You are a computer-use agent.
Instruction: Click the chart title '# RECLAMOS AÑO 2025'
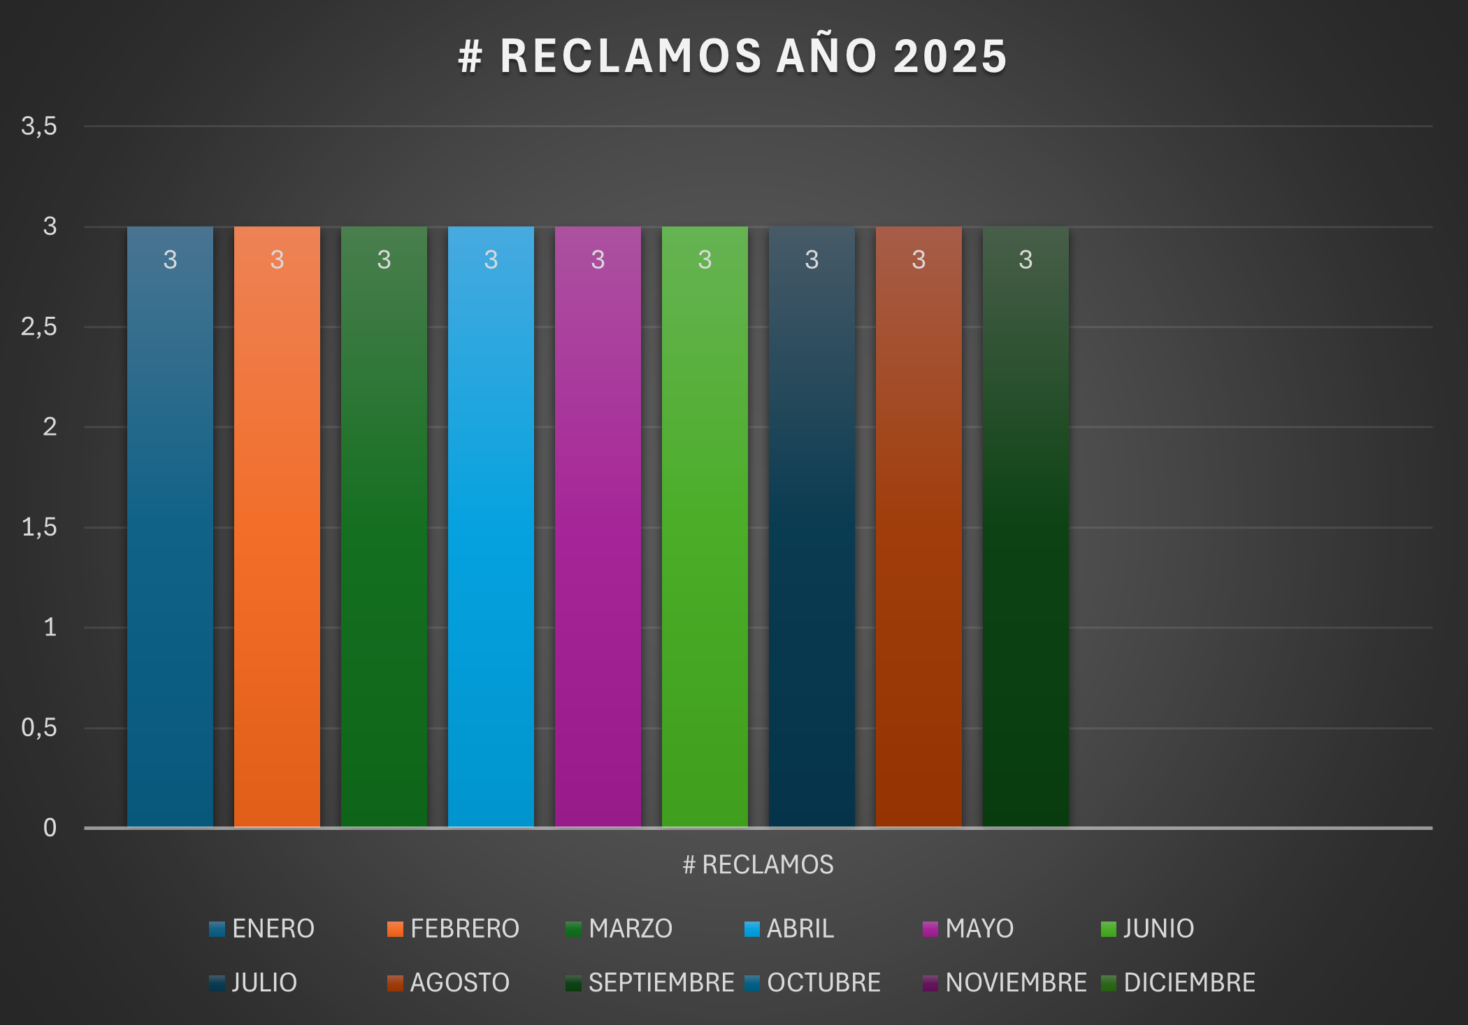(733, 56)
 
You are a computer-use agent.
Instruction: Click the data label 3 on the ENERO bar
(170, 259)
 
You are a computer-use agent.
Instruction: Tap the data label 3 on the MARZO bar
(384, 259)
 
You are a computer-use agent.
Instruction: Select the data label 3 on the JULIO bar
(812, 259)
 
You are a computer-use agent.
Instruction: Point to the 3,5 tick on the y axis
(39, 127)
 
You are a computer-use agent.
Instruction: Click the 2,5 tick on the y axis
(39, 327)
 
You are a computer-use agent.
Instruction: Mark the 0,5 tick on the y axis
(39, 728)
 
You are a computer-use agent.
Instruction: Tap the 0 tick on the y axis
(50, 828)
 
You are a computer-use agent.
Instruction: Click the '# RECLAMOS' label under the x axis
(758, 865)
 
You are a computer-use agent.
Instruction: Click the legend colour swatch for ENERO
(217, 929)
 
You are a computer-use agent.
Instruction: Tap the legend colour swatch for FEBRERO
(395, 929)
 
